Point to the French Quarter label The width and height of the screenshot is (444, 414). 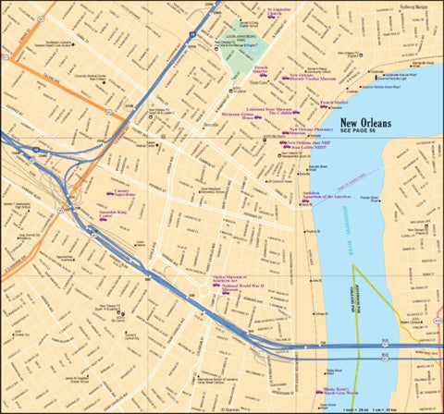click(x=262, y=68)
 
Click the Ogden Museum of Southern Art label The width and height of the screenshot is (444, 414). click(x=239, y=277)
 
